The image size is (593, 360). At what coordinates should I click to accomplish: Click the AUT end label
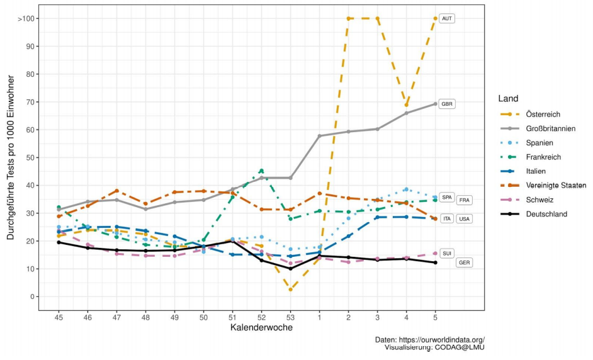tap(446, 18)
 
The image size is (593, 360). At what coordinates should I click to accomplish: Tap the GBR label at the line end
tap(447, 104)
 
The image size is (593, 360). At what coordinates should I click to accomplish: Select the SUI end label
tap(446, 253)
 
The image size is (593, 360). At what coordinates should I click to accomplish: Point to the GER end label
tap(464, 262)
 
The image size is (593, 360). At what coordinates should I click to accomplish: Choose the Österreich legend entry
tap(543, 115)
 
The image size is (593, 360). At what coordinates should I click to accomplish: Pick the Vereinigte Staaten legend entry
tap(556, 186)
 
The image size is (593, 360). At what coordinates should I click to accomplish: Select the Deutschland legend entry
tap(546, 214)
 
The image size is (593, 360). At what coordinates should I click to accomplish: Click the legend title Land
tap(508, 99)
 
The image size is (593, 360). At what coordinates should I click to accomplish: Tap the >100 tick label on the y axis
tap(26, 19)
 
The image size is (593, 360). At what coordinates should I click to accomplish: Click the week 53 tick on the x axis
tap(290, 317)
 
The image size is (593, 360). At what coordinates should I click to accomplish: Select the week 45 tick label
tap(59, 317)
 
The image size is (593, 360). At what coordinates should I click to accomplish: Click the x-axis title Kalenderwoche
tap(261, 328)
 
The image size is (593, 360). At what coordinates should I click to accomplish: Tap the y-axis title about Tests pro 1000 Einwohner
tap(11, 157)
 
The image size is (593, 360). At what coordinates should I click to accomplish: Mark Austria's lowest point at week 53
tap(290, 290)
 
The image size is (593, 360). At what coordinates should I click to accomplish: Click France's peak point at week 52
tap(261, 171)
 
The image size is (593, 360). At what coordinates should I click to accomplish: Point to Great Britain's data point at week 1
tap(319, 136)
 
